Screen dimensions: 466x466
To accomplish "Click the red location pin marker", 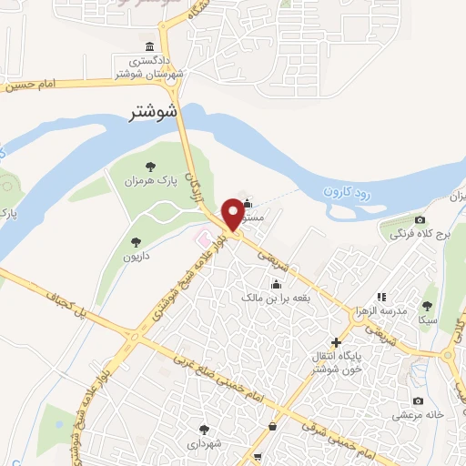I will (233, 213).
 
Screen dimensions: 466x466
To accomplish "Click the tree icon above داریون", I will (136, 242).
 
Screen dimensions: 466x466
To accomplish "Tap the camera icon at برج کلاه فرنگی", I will (419, 219).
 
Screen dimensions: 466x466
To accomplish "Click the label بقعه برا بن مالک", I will (277, 297).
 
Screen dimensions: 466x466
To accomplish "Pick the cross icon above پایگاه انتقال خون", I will (337, 343).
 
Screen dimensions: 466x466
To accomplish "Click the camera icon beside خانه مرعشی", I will (418, 401).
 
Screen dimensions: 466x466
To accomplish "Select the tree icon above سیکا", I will (427, 307).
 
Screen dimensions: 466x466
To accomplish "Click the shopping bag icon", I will (271, 426).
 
